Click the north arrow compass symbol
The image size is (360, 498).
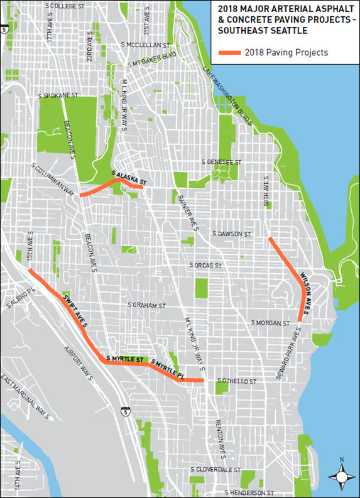(x=341, y=475)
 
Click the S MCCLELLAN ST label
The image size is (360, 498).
(x=148, y=45)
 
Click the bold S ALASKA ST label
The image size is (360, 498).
(x=129, y=177)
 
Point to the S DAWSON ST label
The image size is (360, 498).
(x=231, y=234)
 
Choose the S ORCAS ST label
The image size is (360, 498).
(x=207, y=266)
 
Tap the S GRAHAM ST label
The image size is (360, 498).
(x=146, y=305)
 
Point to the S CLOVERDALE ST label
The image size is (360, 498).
(x=216, y=469)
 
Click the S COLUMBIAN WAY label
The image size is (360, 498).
(x=56, y=176)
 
